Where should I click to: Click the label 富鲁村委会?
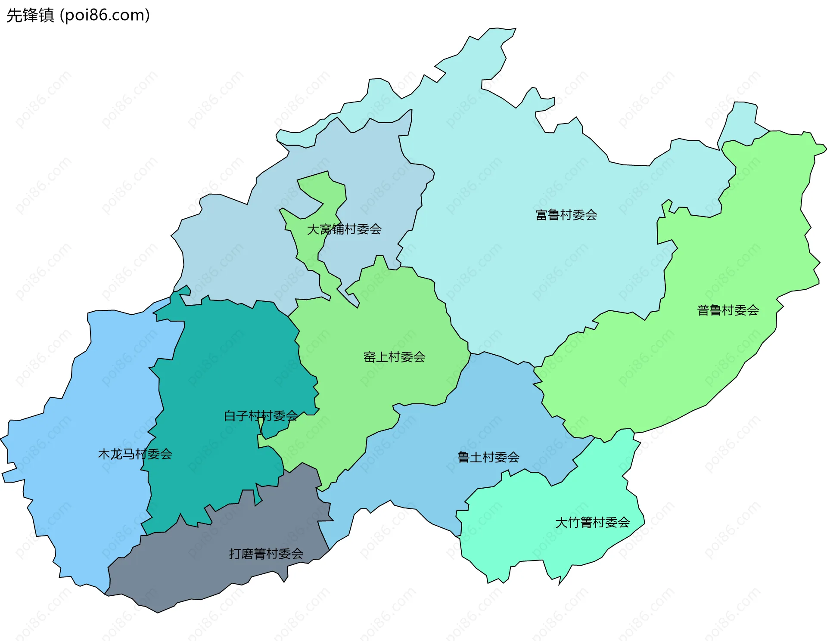[x=566, y=215]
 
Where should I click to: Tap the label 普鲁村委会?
[x=728, y=310]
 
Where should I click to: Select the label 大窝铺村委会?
[x=344, y=229]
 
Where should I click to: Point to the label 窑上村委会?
[x=394, y=357]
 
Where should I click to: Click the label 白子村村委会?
[x=261, y=416]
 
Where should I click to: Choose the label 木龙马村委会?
[x=135, y=454]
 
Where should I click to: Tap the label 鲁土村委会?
[x=488, y=457]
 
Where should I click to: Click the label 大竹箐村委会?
[x=592, y=523]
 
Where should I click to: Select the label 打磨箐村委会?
[x=266, y=554]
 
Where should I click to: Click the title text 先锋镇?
[x=30, y=15]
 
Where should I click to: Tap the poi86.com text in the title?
[x=105, y=15]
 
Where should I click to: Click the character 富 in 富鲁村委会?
[x=541, y=215]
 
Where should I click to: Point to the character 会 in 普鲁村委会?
[x=753, y=310]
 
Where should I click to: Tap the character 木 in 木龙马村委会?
[x=104, y=454]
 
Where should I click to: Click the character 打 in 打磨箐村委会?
[x=235, y=554]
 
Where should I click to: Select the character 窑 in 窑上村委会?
[x=369, y=357]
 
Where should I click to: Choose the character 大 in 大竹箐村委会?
[x=561, y=523]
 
